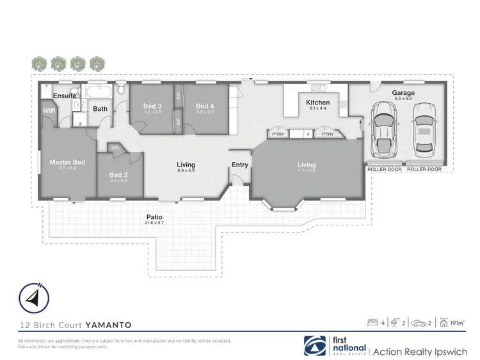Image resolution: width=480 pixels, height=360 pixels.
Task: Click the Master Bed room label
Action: click(67, 163)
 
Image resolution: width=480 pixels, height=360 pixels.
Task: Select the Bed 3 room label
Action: click(152, 106)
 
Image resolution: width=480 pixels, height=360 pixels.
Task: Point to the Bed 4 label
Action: click(204, 106)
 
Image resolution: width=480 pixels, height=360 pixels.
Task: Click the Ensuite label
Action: click(65, 95)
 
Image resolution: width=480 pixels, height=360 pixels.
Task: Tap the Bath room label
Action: click(100, 109)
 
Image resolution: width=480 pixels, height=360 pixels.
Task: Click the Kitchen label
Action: click(317, 102)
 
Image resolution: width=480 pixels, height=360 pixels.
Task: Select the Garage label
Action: click(403, 93)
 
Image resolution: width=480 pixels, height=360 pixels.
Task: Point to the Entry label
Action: click(240, 165)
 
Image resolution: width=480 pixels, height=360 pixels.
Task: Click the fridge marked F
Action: click(308, 134)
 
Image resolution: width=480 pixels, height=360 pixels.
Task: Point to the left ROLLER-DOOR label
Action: click(385, 170)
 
